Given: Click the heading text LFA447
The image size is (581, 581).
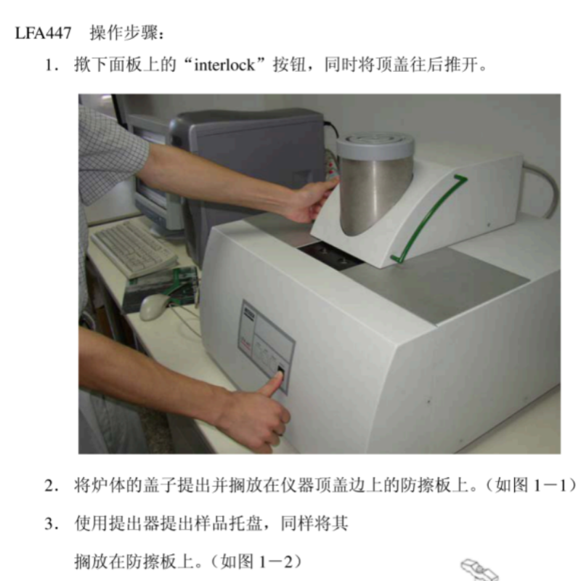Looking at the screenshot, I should tap(43, 33).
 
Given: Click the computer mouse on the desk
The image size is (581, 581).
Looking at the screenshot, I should tap(153, 306).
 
